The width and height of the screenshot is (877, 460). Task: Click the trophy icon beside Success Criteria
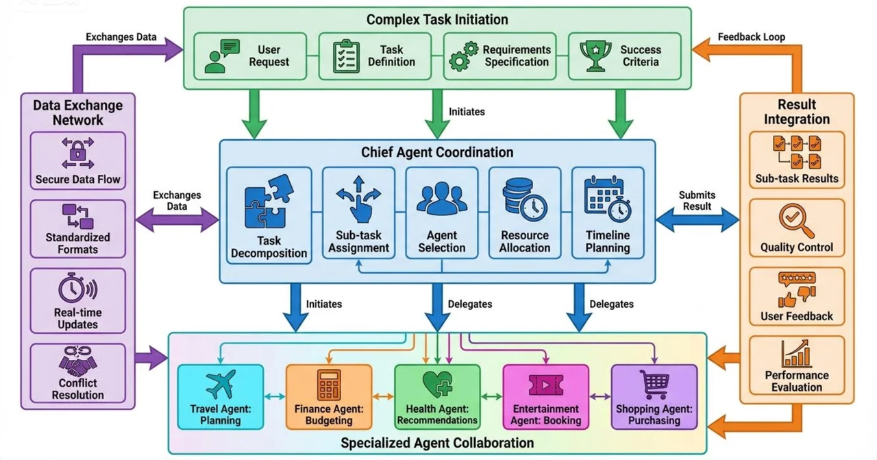(595, 56)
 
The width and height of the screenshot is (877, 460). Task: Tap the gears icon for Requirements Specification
(463, 56)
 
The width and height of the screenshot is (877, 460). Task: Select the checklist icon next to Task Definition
(346, 56)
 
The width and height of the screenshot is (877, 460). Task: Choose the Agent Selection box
(441, 213)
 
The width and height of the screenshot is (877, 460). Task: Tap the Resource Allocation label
(524, 241)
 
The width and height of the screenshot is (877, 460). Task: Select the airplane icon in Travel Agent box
(220, 385)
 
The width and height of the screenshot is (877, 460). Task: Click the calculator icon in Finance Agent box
(329, 385)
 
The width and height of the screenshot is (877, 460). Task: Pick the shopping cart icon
(654, 385)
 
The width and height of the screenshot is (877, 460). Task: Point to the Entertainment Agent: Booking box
(546, 396)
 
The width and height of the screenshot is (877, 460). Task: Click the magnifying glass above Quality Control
(796, 220)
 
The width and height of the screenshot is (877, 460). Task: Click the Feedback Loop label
(751, 36)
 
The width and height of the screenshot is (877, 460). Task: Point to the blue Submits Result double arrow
(697, 220)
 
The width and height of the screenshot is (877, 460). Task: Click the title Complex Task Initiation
(437, 19)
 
